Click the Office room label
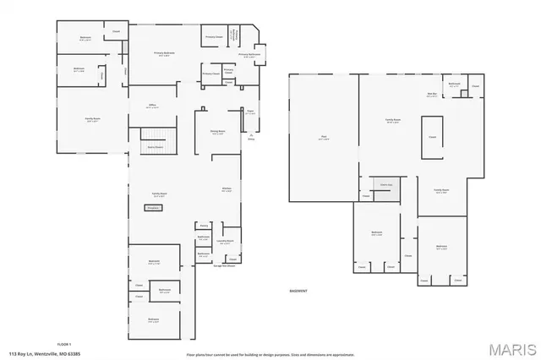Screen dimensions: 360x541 pos(153,106)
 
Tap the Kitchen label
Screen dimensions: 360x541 pos(227,190)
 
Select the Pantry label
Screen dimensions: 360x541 pos(204,226)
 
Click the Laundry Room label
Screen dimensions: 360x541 pos(225,242)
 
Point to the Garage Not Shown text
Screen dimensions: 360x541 pos(225,266)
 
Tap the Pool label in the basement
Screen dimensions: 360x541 pos(323,138)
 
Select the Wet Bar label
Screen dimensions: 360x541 pos(432,95)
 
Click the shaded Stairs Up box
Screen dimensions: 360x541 pos(387,188)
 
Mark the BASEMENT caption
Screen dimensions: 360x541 pos(298,290)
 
